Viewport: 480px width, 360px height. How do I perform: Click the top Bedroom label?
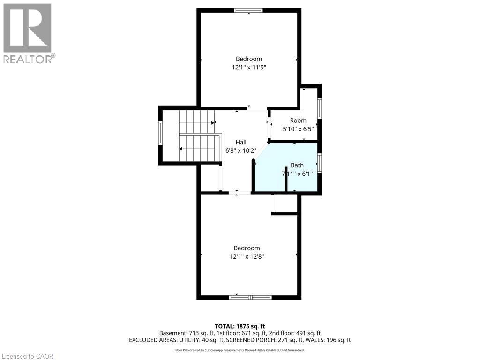tap(248, 59)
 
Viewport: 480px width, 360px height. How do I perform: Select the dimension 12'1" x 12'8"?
tap(247, 256)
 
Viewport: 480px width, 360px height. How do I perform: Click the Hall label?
tap(241, 142)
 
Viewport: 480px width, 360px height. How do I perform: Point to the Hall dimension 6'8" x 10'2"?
tap(241, 151)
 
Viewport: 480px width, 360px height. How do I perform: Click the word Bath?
tap(297, 165)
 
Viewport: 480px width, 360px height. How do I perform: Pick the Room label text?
tap(298, 120)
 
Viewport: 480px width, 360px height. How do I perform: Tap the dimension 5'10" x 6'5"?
tap(298, 129)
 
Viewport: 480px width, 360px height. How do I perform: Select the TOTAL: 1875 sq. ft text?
tap(240, 326)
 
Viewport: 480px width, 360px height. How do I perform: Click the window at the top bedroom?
tap(248, 11)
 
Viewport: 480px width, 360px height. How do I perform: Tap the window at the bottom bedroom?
tap(250, 297)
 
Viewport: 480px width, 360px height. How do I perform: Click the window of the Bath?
tap(320, 164)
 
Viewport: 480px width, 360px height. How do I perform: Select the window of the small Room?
tap(320, 108)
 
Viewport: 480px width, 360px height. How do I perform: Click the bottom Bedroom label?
tap(247, 248)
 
